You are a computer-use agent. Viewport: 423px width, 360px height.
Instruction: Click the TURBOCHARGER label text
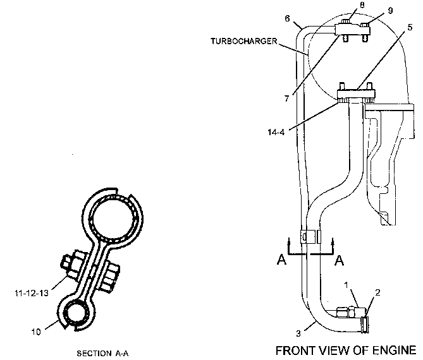(243, 41)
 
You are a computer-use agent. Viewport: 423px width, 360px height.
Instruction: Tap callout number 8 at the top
(362, 5)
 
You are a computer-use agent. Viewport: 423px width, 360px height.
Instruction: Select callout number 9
(390, 11)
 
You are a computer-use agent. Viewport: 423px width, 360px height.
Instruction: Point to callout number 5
(410, 27)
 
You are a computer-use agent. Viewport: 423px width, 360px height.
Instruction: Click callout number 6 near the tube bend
(287, 18)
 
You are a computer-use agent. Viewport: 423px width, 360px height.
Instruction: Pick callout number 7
(286, 99)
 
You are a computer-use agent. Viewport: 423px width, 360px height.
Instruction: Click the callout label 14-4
(276, 132)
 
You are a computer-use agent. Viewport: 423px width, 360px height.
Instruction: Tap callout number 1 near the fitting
(346, 285)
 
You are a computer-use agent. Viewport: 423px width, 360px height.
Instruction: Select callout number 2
(377, 292)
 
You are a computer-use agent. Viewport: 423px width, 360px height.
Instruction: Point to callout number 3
(298, 333)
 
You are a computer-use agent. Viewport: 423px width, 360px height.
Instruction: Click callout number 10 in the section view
(36, 332)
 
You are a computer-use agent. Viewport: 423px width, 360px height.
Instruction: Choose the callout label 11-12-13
(32, 293)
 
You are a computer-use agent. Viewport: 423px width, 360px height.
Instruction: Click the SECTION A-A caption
(102, 353)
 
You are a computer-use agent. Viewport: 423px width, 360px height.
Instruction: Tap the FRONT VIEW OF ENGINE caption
(346, 351)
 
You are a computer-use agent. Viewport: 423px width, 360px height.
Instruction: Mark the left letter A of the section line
(281, 260)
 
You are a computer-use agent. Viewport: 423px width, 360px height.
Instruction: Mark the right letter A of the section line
(339, 260)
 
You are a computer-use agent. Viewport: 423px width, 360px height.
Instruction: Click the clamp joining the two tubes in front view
(311, 237)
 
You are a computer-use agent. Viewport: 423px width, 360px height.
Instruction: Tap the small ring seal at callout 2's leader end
(365, 325)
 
